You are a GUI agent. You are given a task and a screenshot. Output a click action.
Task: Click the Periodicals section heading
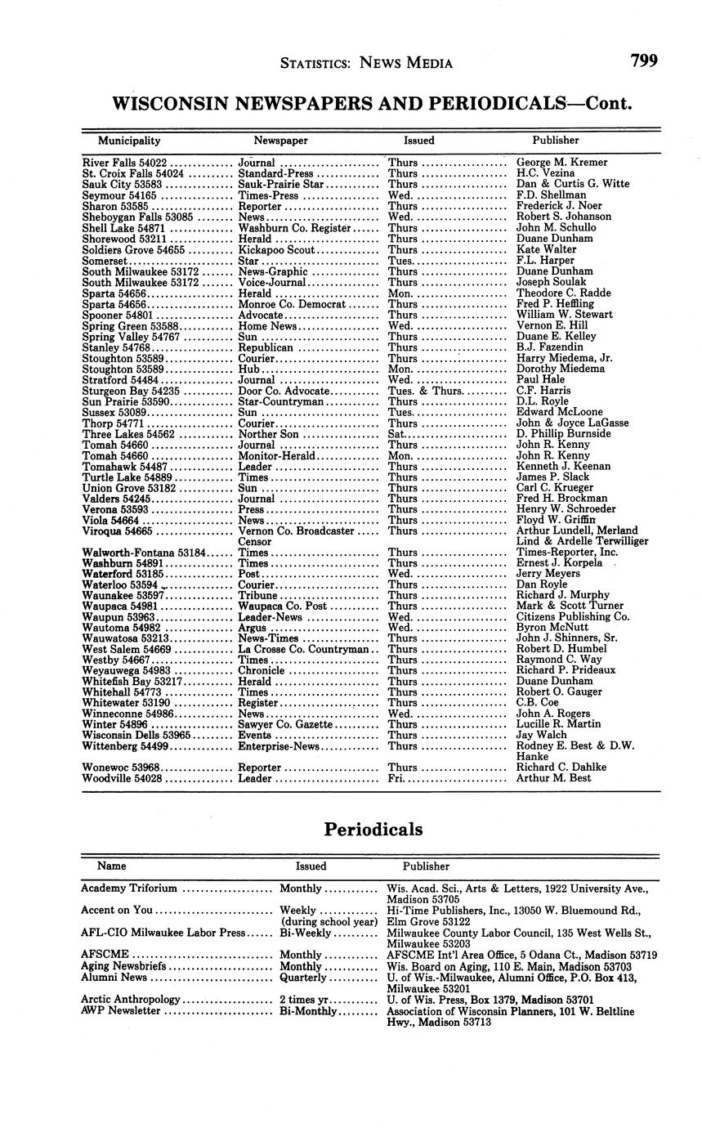pos(373,829)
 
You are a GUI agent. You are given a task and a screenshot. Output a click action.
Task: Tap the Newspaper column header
pos(280,141)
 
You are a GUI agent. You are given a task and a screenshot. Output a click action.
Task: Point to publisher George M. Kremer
pos(562,163)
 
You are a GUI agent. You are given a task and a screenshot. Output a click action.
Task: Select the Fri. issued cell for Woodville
pos(396,779)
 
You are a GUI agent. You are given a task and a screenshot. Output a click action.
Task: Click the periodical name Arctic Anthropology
pos(131,1000)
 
